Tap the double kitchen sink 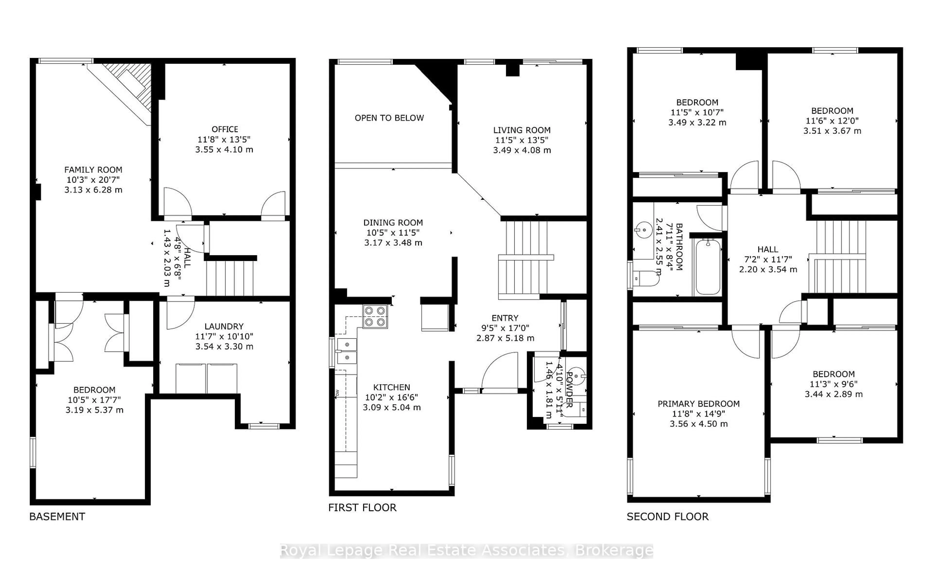(347, 351)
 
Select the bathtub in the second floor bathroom (708, 267)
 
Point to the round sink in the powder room (576, 375)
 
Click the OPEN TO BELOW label (389, 118)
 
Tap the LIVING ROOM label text (522, 130)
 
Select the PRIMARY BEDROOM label (698, 404)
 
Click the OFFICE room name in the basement (225, 129)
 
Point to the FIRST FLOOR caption (362, 507)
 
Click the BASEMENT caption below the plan (57, 517)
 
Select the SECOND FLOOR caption (667, 517)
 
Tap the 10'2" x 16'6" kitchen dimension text (391, 397)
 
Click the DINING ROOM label (393, 223)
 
